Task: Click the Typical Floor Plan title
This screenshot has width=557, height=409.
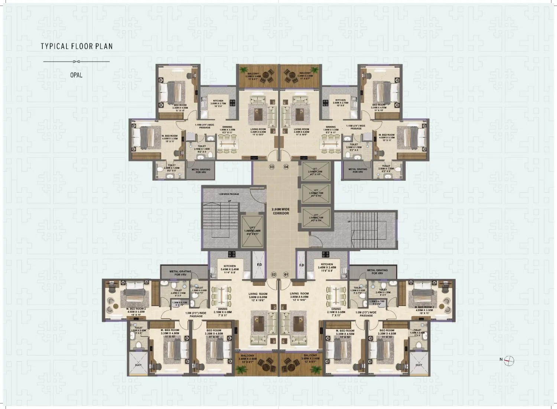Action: click(76, 46)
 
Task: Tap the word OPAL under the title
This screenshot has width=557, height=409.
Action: click(76, 75)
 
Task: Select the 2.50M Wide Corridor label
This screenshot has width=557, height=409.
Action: click(281, 211)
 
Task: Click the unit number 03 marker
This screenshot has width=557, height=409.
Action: click(272, 167)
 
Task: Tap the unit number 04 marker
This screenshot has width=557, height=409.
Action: click(286, 167)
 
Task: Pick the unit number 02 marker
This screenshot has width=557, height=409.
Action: click(274, 275)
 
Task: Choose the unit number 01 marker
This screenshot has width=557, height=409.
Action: click(286, 275)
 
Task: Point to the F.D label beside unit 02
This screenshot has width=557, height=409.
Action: click(259, 265)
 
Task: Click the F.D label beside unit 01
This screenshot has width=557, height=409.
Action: click(302, 265)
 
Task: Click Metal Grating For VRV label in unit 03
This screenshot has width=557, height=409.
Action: click(201, 171)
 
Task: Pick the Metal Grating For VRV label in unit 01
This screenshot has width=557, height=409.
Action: click(377, 272)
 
